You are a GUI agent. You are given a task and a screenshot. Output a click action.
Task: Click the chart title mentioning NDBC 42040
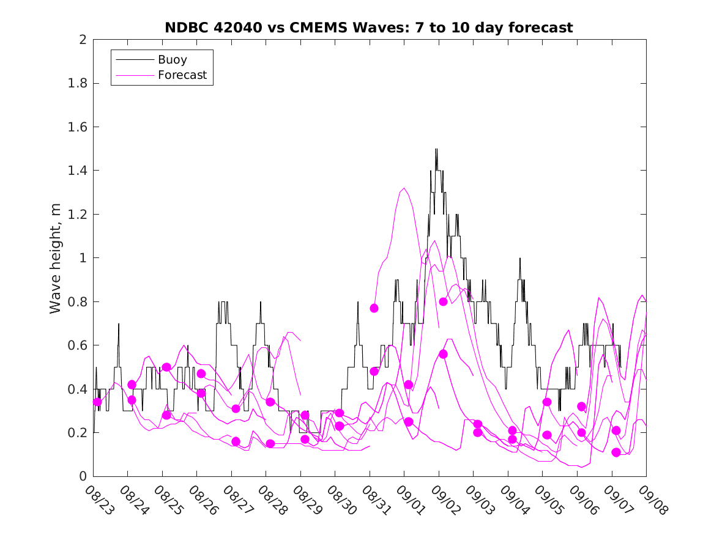(x=369, y=28)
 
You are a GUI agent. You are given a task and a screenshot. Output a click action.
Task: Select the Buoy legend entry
(x=172, y=60)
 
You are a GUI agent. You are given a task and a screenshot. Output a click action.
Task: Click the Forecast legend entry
(x=182, y=76)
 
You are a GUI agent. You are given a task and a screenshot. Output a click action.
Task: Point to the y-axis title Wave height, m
(x=56, y=258)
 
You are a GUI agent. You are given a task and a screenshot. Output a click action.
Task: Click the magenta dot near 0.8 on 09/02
(x=444, y=301)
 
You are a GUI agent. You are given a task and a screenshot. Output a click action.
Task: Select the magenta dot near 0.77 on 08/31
(x=374, y=308)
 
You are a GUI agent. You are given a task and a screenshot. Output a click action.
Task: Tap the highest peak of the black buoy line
(x=436, y=149)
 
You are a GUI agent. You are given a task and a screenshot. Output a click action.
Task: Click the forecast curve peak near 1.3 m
(x=404, y=188)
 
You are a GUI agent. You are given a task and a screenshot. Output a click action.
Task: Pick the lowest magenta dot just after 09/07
(x=616, y=452)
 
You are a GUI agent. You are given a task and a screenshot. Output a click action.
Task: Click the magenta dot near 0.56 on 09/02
(x=444, y=354)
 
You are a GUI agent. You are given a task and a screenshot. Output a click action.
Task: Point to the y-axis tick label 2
(x=82, y=40)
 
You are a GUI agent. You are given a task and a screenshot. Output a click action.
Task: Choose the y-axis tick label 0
(x=82, y=476)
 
